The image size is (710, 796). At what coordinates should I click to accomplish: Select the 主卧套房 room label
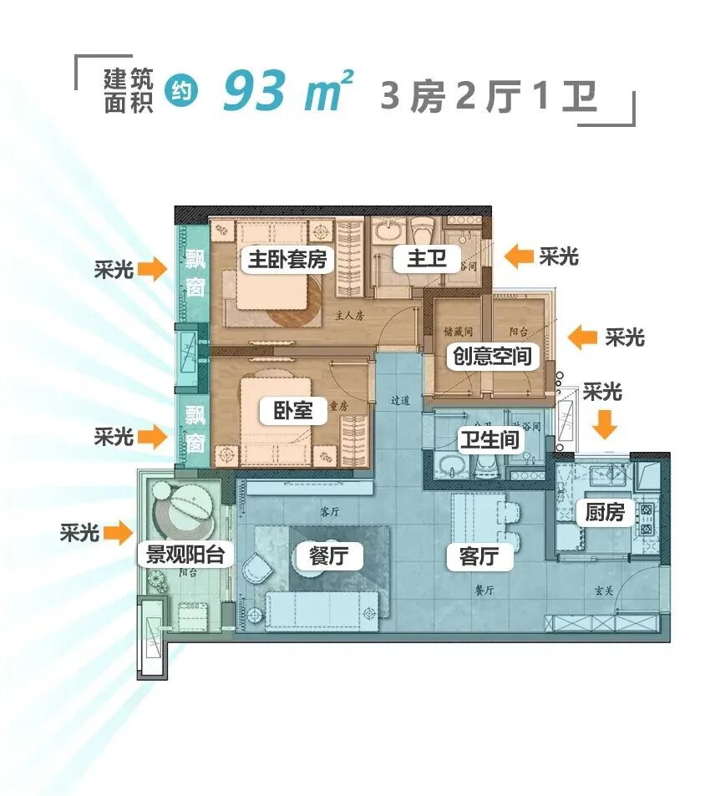[287, 260]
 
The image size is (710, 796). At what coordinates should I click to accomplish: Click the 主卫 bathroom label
[427, 260]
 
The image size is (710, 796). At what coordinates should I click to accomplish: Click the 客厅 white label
[479, 556]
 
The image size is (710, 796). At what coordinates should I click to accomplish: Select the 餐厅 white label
[329, 555]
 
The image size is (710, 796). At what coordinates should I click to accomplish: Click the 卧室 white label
[292, 410]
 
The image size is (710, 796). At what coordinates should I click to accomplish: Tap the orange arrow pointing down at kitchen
[605, 424]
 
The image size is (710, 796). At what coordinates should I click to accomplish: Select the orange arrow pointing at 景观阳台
[119, 532]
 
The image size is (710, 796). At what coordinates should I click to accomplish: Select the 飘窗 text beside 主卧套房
[195, 274]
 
